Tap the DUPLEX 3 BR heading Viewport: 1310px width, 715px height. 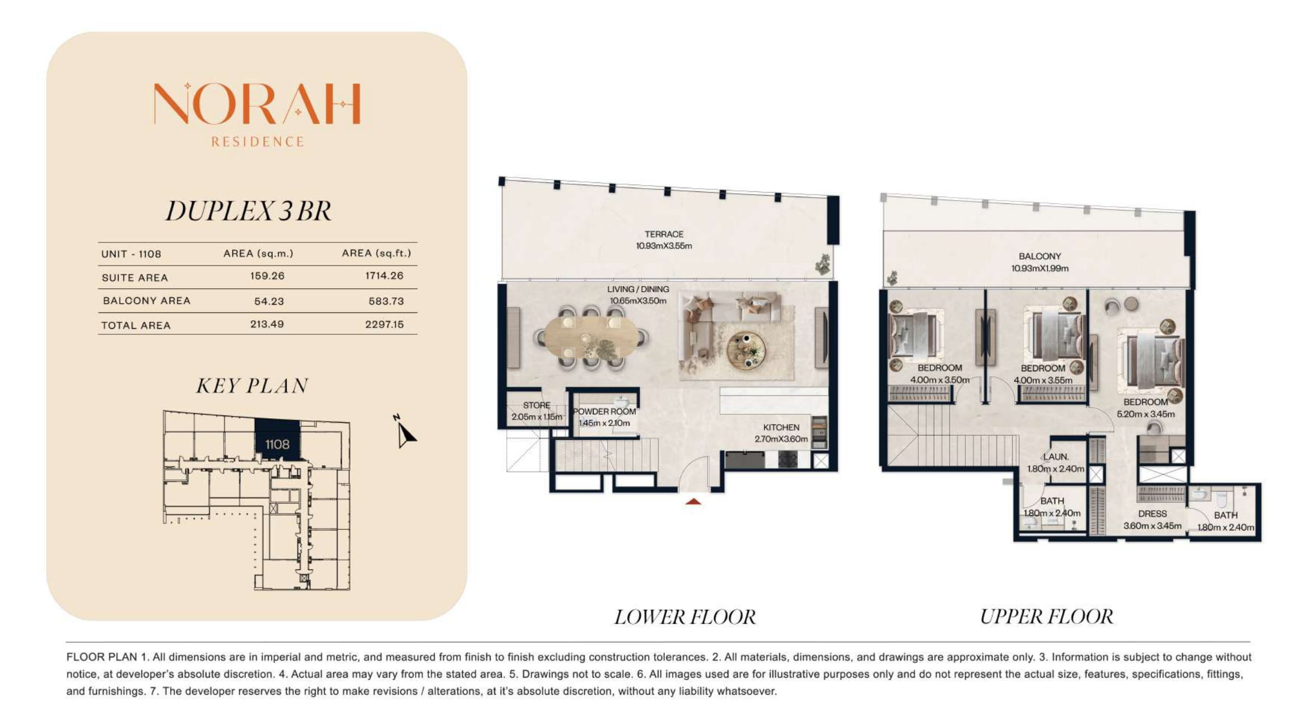[249, 211]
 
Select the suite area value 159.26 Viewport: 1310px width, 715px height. [267, 276]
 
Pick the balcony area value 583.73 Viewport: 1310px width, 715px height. [386, 301]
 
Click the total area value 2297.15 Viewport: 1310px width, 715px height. [384, 325]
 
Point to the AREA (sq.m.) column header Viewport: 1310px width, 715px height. [258, 254]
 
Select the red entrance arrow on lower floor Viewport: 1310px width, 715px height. [693, 502]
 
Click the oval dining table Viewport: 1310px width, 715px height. [591, 338]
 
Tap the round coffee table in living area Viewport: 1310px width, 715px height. [745, 351]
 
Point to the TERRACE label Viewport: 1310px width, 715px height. [664, 234]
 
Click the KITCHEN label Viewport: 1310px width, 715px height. [781, 427]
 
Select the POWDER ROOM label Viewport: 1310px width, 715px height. [604, 412]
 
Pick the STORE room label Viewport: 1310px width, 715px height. [537, 405]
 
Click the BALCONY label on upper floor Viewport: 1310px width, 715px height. [1040, 256]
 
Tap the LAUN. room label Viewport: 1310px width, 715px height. [1056, 457]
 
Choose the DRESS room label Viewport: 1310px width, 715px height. [1153, 513]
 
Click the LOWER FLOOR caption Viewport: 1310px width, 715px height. [685, 617]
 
